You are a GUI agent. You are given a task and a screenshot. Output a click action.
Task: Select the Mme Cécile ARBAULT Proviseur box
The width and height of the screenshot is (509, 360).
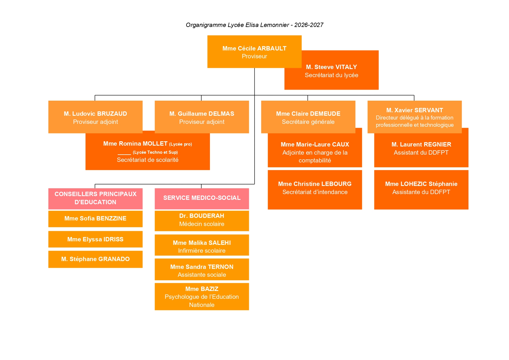point(254,52)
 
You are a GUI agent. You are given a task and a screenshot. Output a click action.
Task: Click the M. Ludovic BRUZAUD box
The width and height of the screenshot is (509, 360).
point(95,117)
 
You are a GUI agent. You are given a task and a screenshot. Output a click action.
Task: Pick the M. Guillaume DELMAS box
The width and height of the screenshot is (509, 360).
point(202,117)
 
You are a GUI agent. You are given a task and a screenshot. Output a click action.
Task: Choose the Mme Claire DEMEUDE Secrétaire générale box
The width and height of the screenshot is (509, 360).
point(308,117)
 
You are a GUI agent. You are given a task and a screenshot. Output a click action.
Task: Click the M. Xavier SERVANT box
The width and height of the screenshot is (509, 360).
point(414,117)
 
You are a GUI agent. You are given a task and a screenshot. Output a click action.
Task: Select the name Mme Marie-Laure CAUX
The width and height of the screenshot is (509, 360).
point(315,144)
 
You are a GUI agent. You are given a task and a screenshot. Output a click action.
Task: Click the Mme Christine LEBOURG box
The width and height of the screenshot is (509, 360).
point(315,190)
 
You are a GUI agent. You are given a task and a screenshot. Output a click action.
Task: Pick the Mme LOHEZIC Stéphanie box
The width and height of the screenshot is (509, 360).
point(421,190)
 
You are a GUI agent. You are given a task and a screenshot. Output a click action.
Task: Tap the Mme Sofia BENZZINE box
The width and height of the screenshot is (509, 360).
point(95,219)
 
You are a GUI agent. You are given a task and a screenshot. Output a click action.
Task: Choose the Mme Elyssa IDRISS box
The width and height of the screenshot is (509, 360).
point(95,239)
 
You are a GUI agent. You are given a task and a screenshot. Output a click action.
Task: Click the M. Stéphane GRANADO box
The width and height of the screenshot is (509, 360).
point(95,259)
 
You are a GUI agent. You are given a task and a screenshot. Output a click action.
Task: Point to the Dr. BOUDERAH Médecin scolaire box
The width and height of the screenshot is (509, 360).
point(202,221)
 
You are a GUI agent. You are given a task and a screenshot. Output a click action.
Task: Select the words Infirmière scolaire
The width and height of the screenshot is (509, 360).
point(202,251)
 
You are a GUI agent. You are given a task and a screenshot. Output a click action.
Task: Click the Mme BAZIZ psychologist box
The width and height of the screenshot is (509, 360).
point(202,296)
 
